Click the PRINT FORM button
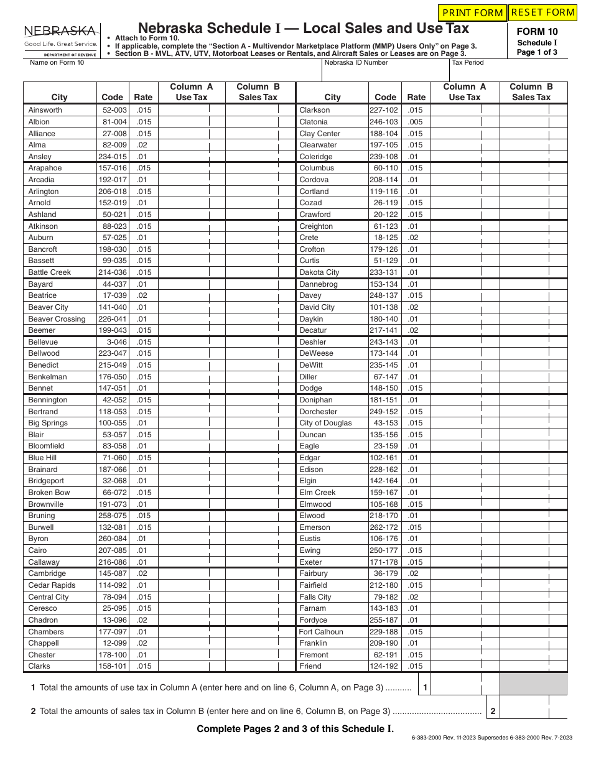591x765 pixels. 473,12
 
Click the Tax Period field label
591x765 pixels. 468,62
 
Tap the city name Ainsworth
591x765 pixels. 45,110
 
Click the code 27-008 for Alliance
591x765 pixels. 114,134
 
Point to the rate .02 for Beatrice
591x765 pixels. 142,295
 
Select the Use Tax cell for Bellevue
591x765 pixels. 192,342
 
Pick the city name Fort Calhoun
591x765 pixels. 321,632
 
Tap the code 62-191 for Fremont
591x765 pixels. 386,655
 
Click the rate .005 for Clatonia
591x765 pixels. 415,122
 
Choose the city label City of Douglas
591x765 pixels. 325,423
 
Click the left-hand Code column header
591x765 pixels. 113,97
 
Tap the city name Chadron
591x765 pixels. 43,620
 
